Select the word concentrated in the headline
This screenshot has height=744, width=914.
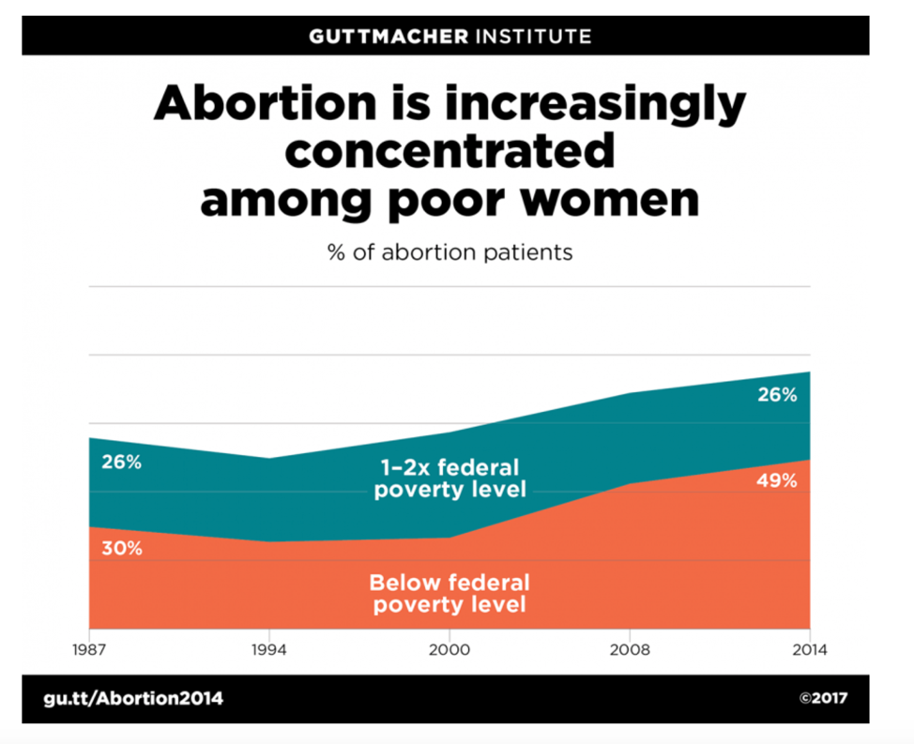(449, 151)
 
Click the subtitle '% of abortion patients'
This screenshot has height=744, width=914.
(449, 252)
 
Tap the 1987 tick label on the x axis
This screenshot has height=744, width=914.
(89, 649)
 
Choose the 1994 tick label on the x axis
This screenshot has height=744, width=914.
(270, 649)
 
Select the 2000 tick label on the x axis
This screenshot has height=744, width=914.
(449, 649)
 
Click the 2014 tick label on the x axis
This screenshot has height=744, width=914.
(809, 649)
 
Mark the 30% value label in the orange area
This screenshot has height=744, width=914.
(122, 549)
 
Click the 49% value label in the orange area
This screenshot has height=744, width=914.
(777, 481)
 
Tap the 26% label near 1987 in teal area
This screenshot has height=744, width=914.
(122, 463)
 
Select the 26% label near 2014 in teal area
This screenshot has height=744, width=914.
(777, 395)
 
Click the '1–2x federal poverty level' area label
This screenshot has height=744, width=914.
(449, 478)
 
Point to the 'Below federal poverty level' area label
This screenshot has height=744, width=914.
(449, 593)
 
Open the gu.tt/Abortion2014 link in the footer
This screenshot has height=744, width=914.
(134, 699)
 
